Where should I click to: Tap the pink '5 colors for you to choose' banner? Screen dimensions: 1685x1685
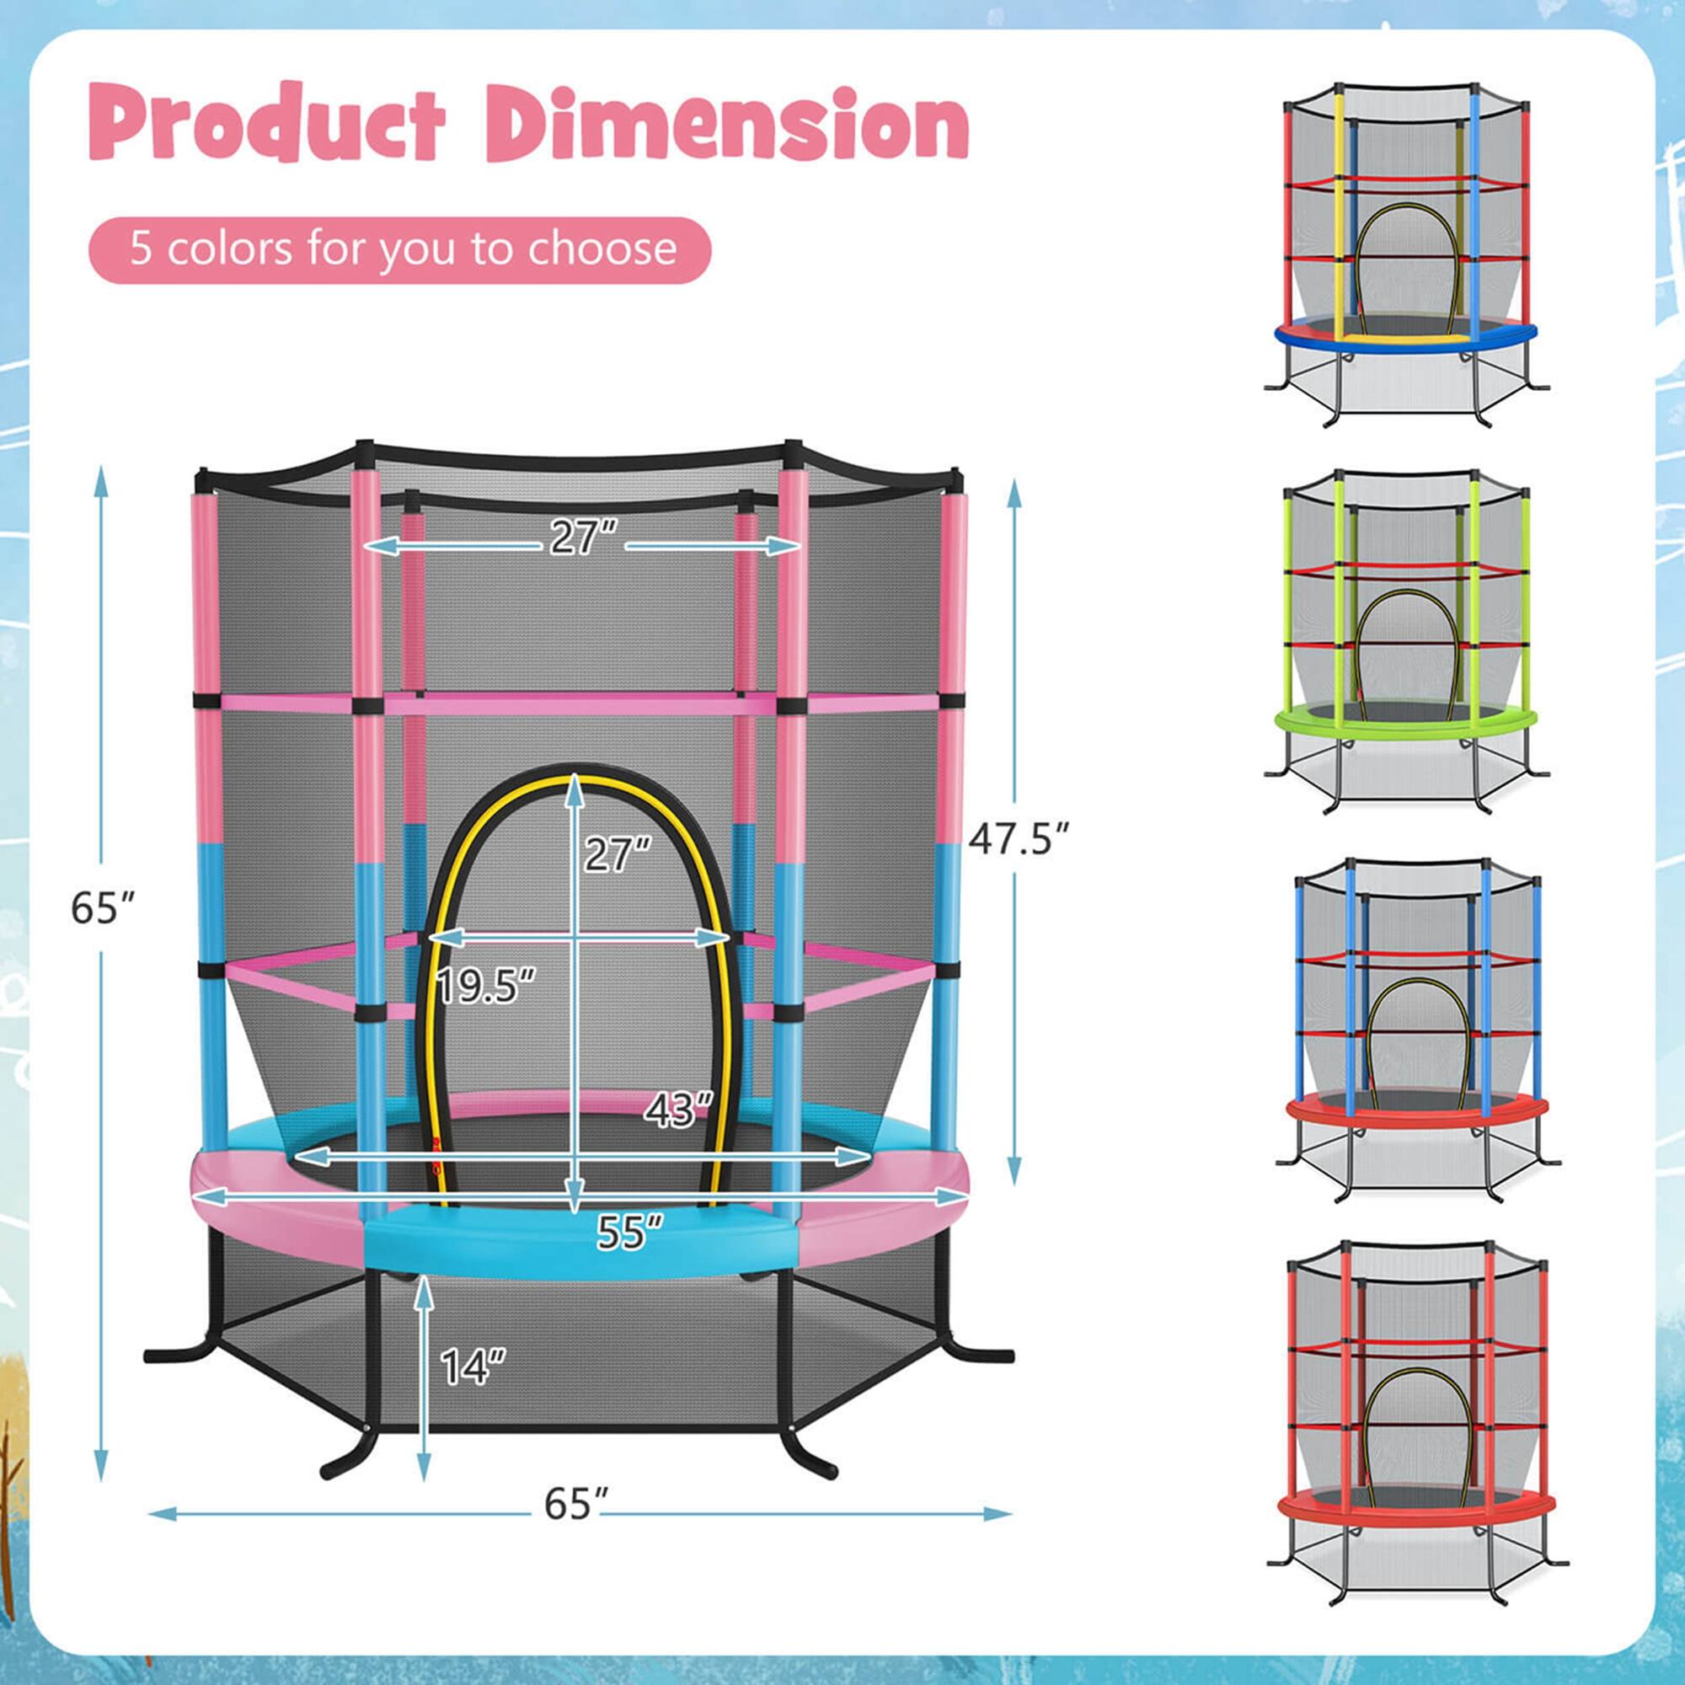[x=400, y=249]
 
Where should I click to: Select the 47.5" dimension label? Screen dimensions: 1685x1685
[x=1019, y=839]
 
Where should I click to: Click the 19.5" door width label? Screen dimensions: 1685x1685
[x=486, y=987]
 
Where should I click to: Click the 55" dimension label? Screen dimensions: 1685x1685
[x=629, y=1232]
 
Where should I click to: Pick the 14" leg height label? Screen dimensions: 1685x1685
[x=473, y=1367]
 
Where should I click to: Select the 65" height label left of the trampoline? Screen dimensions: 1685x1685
[x=103, y=909]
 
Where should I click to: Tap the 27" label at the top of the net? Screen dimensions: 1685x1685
[x=584, y=538]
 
